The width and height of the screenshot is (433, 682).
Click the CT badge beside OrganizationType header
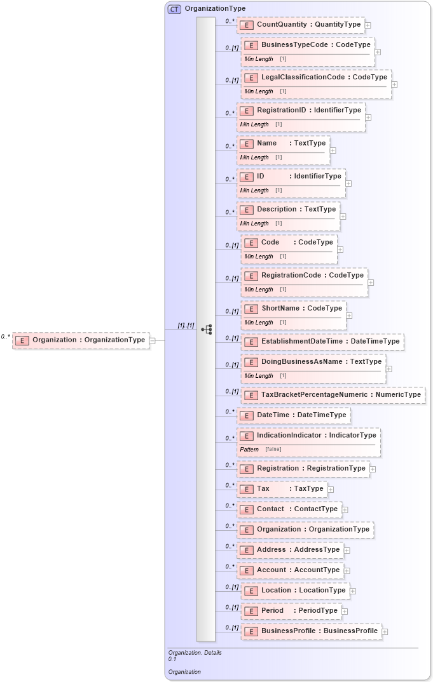point(174,9)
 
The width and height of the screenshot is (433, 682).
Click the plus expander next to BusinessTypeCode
point(378,52)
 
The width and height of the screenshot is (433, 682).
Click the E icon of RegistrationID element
point(247,110)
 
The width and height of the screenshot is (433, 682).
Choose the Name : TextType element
point(284,144)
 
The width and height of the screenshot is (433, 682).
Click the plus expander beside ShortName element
point(349,316)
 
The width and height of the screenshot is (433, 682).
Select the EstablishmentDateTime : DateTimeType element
point(322,342)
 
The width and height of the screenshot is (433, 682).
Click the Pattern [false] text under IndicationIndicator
point(261,449)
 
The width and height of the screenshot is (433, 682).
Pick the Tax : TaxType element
point(282,489)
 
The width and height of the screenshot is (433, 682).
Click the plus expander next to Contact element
point(345,509)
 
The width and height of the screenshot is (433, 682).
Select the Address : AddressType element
point(290,550)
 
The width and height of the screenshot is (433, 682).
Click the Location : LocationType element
point(295,591)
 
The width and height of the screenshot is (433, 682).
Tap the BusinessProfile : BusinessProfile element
point(312,631)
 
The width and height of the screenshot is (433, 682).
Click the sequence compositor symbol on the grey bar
point(206,329)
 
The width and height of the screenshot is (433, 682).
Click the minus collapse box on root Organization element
point(152,340)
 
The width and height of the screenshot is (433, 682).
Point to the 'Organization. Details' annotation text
point(195,652)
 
